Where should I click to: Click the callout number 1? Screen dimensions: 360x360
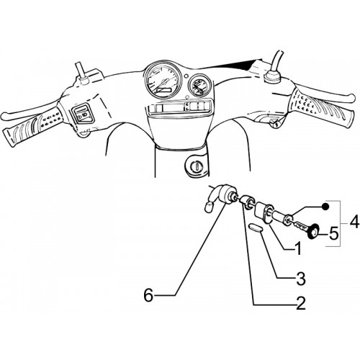point(297,248)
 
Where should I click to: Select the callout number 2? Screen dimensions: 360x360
point(301,303)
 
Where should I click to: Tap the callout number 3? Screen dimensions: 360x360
point(301,279)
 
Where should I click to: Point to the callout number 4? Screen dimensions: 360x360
point(354,222)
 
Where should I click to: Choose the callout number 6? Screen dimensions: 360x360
point(148,295)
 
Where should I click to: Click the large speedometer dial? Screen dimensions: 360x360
point(163,80)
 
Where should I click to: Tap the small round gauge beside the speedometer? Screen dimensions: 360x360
point(199,86)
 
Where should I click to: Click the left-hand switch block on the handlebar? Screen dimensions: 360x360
point(82,114)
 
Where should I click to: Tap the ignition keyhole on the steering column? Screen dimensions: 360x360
point(197,166)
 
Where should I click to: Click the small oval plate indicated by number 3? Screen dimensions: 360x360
point(256,228)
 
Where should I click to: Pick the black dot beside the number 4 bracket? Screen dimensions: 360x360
point(325,206)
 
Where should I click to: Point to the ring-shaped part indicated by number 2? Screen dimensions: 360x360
point(247,201)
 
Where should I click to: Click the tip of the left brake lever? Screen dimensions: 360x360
point(4,115)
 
